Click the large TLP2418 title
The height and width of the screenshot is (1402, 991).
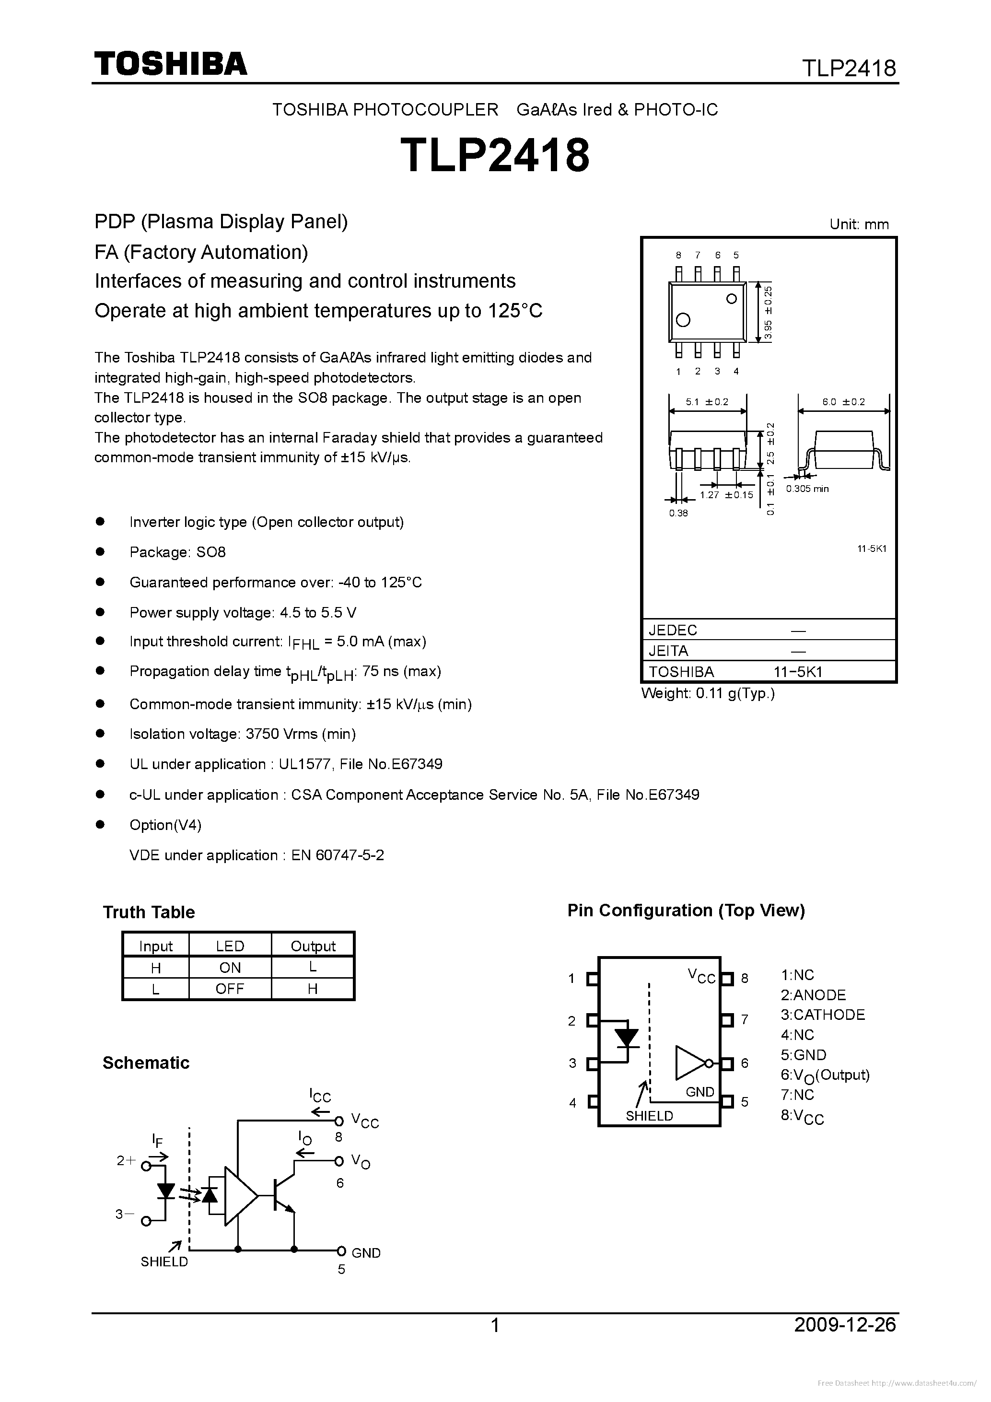(495, 155)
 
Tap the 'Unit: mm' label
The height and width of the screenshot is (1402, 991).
(859, 224)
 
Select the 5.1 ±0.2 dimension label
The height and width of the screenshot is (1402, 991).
(707, 402)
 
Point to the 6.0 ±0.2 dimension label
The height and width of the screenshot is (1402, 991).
(843, 402)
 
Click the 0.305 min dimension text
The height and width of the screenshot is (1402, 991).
(807, 489)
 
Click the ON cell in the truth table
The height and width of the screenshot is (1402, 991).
(230, 967)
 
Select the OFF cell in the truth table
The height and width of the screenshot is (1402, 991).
(230, 989)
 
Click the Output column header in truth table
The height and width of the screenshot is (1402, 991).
(313, 946)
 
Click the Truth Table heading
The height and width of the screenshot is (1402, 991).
(148, 912)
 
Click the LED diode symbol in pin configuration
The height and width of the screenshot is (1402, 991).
(626, 1038)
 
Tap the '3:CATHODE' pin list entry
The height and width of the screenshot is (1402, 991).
(822, 1015)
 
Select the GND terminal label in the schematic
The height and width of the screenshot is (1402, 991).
(366, 1253)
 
